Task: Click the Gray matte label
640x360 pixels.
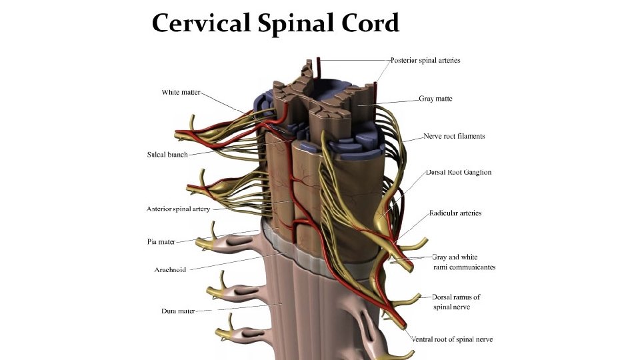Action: (x=435, y=99)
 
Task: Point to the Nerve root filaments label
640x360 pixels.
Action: (x=454, y=136)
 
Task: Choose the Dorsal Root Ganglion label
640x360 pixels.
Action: (x=458, y=172)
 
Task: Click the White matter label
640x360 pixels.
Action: (x=181, y=92)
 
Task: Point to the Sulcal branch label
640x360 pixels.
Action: (x=167, y=155)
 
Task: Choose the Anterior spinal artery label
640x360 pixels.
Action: (x=179, y=209)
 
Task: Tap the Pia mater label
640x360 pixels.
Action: (x=161, y=241)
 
